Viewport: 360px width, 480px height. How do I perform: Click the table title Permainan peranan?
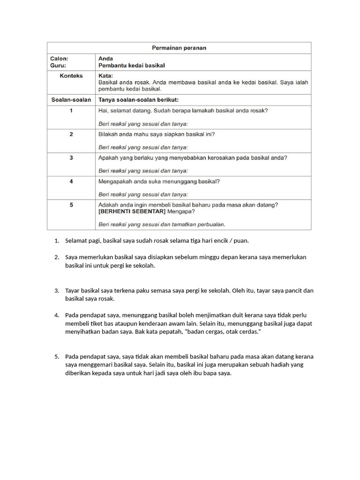[x=179, y=48]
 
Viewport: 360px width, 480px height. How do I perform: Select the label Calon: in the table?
[x=59, y=59]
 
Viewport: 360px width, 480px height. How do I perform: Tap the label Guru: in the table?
[x=58, y=66]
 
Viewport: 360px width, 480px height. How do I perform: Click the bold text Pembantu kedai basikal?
[x=131, y=66]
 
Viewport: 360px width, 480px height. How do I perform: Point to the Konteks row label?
[x=71, y=76]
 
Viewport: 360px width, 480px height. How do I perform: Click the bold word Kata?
[x=105, y=75]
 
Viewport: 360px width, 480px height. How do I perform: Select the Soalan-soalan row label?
[x=71, y=100]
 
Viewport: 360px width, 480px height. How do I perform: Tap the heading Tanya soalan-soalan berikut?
[x=138, y=100]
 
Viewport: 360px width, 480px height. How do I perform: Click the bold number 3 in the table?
[x=71, y=158]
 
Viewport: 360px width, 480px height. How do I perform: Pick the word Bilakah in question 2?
[x=108, y=134]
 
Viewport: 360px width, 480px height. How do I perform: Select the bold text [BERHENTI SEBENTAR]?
[x=132, y=211]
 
